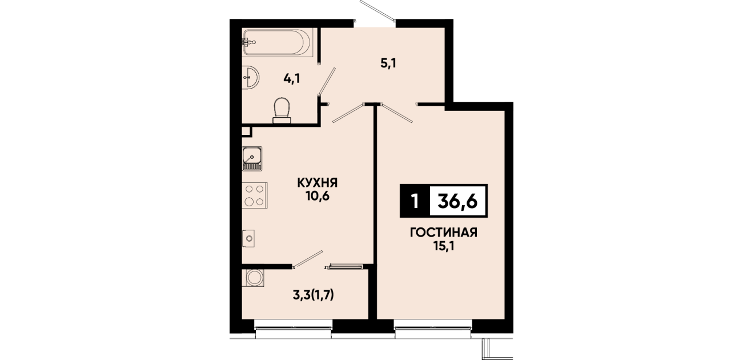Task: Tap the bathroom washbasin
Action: (251, 77)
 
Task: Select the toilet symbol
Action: (282, 110)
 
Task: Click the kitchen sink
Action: (252, 159)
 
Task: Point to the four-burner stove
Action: (255, 195)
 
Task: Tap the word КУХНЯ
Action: (318, 182)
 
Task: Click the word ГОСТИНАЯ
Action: (444, 233)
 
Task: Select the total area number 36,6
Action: (457, 201)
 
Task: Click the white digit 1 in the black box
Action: (414, 201)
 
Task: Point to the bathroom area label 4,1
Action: (292, 79)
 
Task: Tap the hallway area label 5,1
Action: (388, 63)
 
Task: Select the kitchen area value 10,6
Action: (318, 197)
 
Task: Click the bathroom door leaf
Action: (327, 82)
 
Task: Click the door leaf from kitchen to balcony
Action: (307, 259)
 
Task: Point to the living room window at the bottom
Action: (433, 328)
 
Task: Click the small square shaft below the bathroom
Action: (247, 131)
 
